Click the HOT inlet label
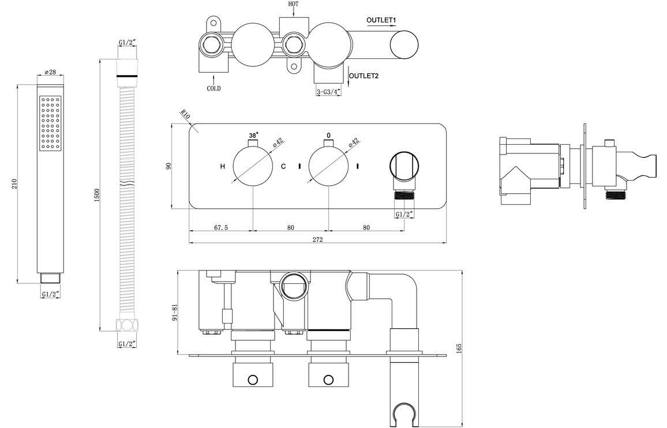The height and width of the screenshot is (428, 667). tap(294, 4)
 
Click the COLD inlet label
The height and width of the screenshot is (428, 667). tap(213, 88)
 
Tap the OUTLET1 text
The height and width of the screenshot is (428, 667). tap(381, 20)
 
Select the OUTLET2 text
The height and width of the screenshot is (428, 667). tap(364, 76)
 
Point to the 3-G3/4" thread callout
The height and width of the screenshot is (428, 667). tap(328, 92)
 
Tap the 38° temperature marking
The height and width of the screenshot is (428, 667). tap(253, 136)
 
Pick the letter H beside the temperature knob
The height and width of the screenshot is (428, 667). tap(223, 166)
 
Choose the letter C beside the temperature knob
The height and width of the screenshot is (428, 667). tap(283, 166)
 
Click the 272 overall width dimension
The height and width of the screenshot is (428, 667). tap(318, 239)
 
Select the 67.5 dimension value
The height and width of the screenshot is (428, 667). tap(221, 228)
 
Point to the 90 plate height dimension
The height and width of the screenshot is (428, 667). tap(168, 166)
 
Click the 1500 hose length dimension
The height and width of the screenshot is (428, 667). tap(97, 196)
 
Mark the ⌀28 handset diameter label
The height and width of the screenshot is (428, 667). tap(50, 72)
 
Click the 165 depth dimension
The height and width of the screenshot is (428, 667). tap(459, 348)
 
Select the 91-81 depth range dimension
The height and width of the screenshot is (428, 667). tap(174, 312)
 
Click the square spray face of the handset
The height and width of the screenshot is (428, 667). tap(50, 123)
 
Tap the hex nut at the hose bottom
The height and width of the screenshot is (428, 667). tap(127, 326)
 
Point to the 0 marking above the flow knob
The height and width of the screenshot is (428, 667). tap(328, 136)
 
